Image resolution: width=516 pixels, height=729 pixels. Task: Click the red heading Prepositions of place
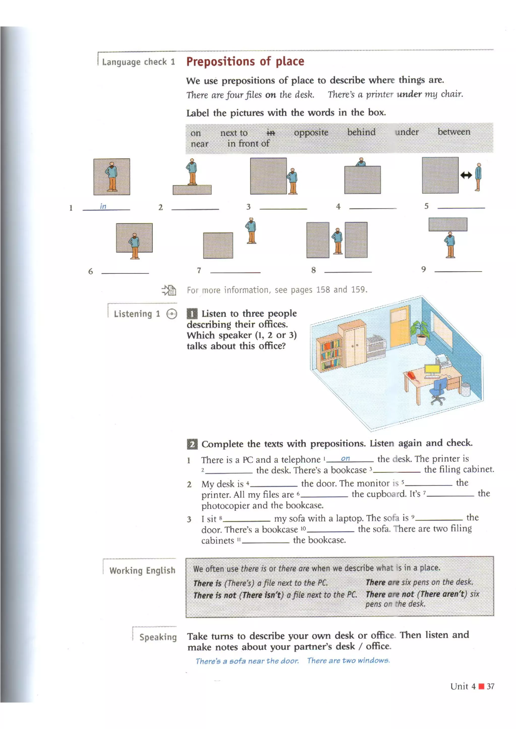(245, 61)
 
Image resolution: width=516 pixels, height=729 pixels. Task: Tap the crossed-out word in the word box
(271, 133)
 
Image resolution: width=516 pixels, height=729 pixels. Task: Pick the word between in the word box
(454, 132)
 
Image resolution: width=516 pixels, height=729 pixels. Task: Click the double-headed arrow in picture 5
(466, 175)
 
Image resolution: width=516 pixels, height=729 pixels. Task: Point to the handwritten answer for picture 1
(103, 206)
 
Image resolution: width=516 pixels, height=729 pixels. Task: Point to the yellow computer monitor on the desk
(432, 371)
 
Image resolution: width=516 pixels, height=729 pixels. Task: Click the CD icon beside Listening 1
(172, 314)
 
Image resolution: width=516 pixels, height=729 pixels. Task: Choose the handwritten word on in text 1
(345, 458)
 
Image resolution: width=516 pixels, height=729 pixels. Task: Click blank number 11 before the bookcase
(265, 542)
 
